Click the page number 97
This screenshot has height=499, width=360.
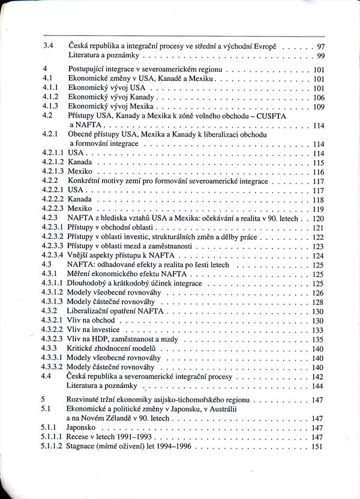tap(320, 46)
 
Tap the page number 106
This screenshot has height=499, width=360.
tap(319, 97)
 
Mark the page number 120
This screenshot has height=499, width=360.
tap(319, 218)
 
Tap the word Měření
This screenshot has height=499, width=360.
tap(80, 274)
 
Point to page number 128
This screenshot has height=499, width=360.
tap(319, 302)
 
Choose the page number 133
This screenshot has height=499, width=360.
tap(319, 330)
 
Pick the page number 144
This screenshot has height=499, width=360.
tap(319, 386)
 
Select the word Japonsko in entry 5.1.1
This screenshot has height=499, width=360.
tap(84, 428)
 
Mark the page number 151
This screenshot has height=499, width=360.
tap(319, 447)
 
